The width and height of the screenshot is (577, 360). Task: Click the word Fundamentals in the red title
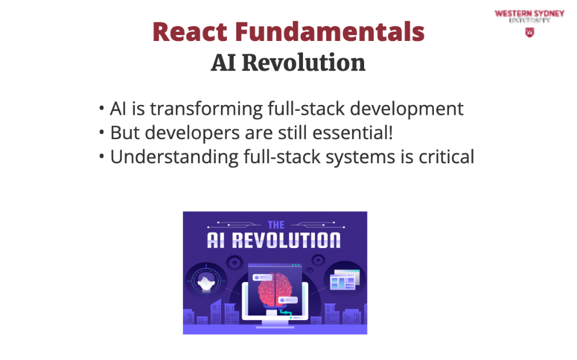point(329,32)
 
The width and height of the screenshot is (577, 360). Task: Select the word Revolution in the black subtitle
point(304,62)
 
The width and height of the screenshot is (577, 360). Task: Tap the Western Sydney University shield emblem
point(530,32)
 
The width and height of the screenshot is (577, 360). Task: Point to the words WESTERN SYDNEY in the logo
point(530,14)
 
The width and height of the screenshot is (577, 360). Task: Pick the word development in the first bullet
point(406,109)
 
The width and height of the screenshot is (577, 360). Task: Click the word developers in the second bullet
point(192,133)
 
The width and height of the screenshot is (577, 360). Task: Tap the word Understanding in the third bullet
point(174,157)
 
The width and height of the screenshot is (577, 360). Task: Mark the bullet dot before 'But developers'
point(102,133)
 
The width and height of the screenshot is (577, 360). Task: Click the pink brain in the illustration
point(275,289)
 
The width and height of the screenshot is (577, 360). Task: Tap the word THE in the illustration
point(276,225)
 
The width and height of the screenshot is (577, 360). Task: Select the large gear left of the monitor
point(234,262)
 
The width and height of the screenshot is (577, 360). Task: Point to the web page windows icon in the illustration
point(344,280)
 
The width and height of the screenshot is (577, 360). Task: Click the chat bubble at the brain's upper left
point(263,277)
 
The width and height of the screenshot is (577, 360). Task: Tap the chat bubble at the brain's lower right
point(288,300)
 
